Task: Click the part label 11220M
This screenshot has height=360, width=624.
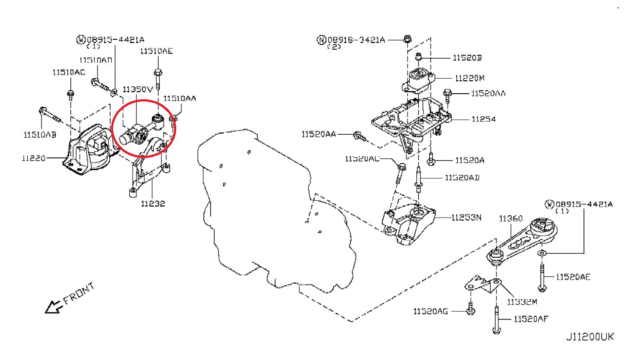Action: [470, 78]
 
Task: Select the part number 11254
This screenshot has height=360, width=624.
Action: [483, 119]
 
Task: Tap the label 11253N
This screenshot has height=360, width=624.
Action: [466, 217]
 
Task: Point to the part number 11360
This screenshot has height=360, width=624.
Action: [511, 219]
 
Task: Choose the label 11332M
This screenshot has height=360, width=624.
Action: [522, 301]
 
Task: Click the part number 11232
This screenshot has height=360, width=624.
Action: [152, 203]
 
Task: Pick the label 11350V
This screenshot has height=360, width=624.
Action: [137, 89]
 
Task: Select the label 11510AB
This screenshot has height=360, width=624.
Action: [39, 135]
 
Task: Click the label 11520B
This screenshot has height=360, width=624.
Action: [467, 57]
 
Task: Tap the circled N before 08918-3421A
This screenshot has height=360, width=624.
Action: [321, 40]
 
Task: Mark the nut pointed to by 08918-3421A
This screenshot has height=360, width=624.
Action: [407, 39]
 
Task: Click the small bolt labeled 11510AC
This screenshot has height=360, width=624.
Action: [70, 95]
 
